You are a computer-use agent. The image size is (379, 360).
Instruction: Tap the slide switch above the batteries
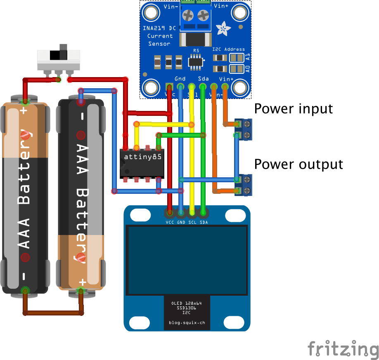(58, 60)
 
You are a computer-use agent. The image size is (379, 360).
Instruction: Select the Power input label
(293, 109)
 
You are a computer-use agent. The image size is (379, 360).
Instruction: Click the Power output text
(298, 164)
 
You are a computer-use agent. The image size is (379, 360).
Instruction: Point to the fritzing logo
(343, 349)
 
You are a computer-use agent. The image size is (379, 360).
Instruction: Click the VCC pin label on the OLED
(169, 223)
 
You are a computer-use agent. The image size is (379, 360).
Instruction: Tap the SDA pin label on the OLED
(204, 223)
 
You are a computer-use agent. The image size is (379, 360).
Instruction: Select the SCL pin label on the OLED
(192, 223)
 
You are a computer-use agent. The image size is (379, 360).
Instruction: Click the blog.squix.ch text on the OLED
(187, 323)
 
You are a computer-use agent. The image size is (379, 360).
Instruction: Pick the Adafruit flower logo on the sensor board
(224, 28)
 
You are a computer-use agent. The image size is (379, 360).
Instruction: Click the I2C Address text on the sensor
(228, 49)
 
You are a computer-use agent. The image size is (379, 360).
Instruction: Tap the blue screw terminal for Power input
(244, 129)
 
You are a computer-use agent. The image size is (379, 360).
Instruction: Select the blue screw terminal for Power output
(244, 185)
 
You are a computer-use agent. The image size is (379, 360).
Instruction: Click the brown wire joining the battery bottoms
(53, 313)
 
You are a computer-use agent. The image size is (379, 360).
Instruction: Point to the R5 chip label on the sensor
(196, 51)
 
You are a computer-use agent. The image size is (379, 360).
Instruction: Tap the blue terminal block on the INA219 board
(196, 16)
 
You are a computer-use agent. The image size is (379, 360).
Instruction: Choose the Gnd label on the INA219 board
(180, 78)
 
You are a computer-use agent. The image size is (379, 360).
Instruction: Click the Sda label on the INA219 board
(203, 78)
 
